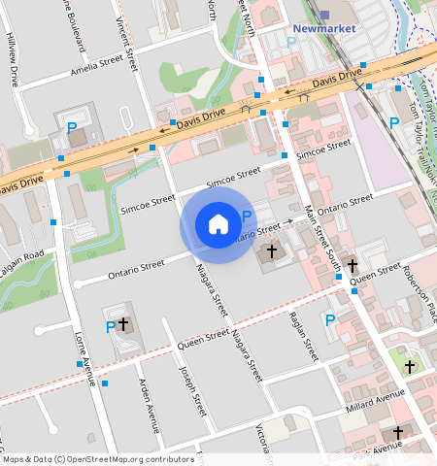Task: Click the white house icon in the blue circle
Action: click(218, 224)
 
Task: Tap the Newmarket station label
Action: click(324, 28)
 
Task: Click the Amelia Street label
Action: click(97, 70)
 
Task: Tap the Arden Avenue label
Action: click(150, 405)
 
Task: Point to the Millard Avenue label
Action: click(375, 400)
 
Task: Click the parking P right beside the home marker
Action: click(246, 216)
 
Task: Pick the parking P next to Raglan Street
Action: click(330, 319)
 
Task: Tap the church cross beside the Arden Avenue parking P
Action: click(124, 323)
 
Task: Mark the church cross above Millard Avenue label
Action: click(411, 366)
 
